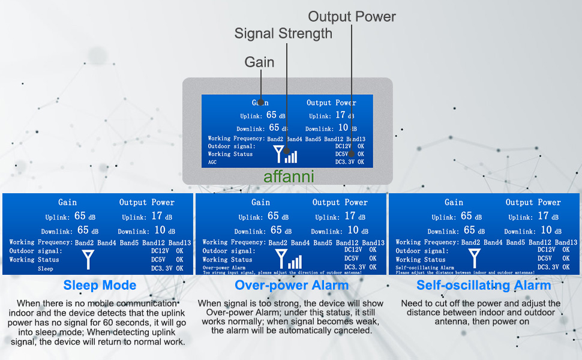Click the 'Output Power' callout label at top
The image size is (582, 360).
[x=352, y=16]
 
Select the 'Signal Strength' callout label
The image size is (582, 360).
[x=283, y=34]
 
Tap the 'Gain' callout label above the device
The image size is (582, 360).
[x=259, y=62]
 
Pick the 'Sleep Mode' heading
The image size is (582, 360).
[x=100, y=286]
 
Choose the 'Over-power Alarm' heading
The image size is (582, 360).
[x=291, y=286]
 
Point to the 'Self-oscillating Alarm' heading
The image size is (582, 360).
[x=484, y=286]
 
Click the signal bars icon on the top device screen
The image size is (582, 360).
[x=291, y=156]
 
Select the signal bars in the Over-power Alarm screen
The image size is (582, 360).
[x=295, y=262]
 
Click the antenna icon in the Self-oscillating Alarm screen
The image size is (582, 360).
[x=475, y=259]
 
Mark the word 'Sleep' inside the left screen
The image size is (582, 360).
[x=46, y=269]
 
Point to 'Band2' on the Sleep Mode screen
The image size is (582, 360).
[x=85, y=243]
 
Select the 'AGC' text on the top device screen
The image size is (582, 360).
[x=212, y=162]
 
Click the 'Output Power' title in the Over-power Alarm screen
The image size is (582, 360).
[x=340, y=203]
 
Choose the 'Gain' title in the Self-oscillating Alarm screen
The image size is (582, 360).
[x=454, y=203]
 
